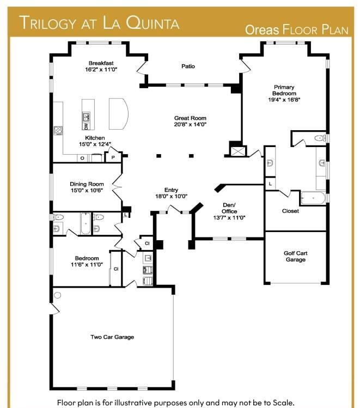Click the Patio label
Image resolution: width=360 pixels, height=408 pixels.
(188, 66)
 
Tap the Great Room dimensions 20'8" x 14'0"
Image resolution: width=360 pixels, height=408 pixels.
(190, 124)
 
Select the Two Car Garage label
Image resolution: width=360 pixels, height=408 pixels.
(112, 337)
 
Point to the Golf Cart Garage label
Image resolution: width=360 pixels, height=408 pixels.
(296, 257)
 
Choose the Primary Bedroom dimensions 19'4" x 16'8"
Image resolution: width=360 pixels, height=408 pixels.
(284, 100)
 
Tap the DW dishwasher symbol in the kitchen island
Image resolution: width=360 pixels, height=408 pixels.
(86, 126)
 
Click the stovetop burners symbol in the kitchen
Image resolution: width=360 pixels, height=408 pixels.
(58, 131)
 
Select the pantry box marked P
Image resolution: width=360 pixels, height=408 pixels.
(113, 157)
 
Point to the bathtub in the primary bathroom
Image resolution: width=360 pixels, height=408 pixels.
(313, 198)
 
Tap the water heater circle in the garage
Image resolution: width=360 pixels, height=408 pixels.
(58, 295)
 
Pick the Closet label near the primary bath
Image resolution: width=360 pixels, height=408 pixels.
(290, 211)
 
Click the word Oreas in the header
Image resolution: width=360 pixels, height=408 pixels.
(262, 30)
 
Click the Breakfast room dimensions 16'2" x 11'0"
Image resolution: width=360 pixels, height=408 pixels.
(101, 70)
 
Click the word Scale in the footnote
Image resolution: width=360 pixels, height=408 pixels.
(283, 403)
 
